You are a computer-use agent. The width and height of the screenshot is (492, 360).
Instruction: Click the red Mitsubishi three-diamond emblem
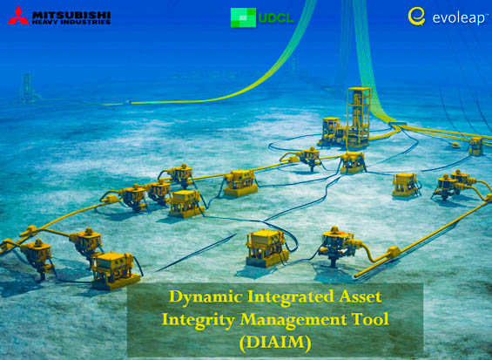click(17, 16)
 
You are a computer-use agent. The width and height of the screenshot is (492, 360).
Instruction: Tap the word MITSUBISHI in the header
click(71, 13)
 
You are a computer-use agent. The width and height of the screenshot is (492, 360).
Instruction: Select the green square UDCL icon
click(243, 17)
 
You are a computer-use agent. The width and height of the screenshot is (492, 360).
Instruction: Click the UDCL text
click(275, 17)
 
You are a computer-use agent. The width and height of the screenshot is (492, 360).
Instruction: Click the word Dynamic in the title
click(205, 298)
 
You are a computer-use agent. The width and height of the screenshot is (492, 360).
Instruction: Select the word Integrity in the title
click(200, 320)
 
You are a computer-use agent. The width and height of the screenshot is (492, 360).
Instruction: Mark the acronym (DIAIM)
click(274, 342)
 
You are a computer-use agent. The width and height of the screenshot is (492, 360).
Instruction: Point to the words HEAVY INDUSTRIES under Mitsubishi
click(71, 22)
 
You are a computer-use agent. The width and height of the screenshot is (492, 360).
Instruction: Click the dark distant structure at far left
click(27, 86)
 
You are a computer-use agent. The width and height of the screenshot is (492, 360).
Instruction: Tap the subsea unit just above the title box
click(266, 248)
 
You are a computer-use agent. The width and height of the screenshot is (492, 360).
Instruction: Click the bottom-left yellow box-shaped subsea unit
click(114, 269)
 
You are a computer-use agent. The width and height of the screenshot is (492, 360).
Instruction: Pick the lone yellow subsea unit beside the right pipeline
click(405, 184)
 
